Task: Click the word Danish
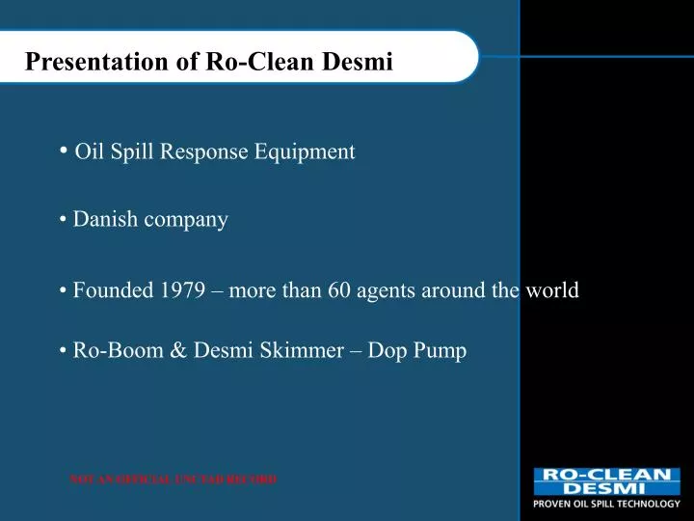pos(105,220)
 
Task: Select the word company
pos(186,220)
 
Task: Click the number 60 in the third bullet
pos(338,290)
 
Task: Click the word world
pos(551,290)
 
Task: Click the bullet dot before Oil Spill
pos(64,150)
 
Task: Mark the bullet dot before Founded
pos(63,290)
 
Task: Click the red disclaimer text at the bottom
pos(173,480)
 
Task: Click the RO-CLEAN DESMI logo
pos(606,481)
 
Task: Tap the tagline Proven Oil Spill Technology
pos(607,504)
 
